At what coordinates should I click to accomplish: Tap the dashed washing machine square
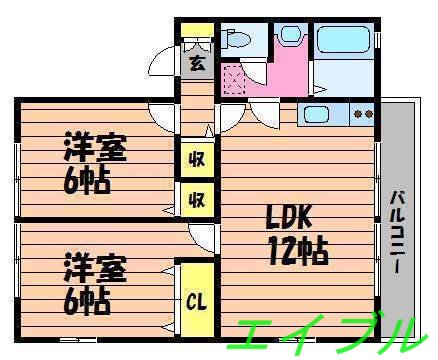pyautogui.click(x=234, y=77)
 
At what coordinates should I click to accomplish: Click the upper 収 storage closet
pyautogui.click(x=196, y=158)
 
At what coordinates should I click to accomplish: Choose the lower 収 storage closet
pyautogui.click(x=196, y=197)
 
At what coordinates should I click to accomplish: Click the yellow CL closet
pyautogui.click(x=195, y=299)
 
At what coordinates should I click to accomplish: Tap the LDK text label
pyautogui.click(x=290, y=217)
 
